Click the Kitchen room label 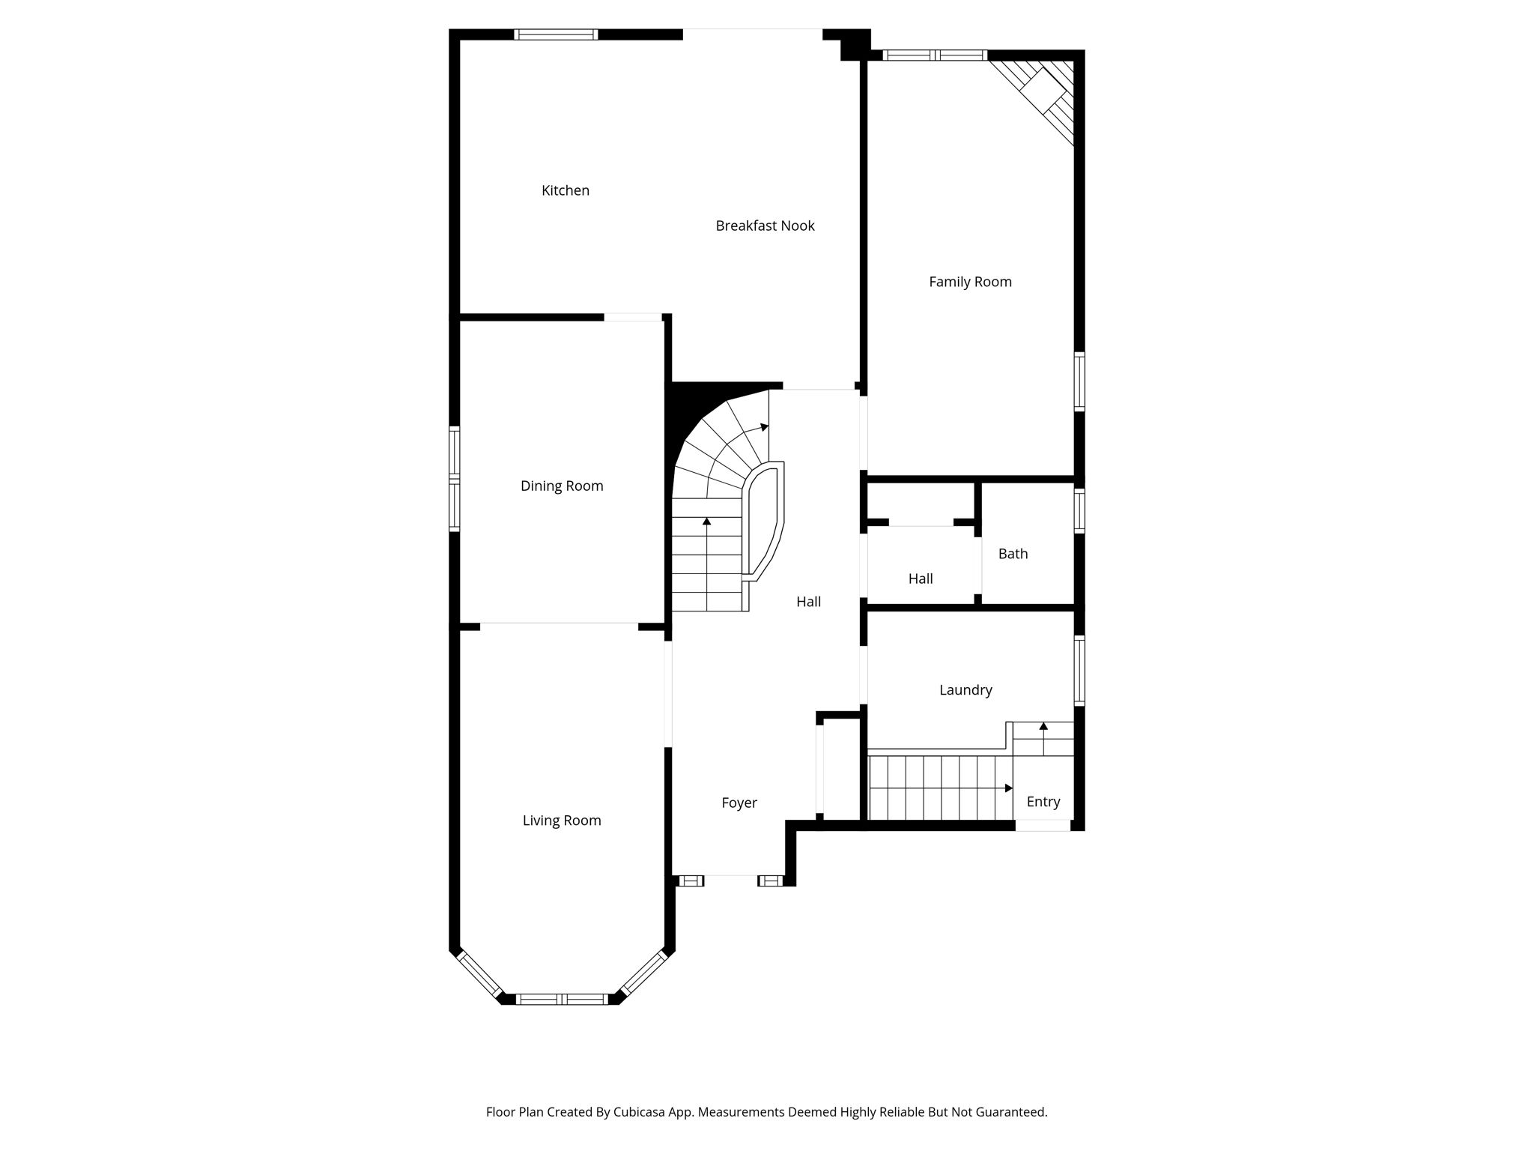click(566, 191)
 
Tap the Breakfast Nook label click(765, 226)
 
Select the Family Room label click(970, 283)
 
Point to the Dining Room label click(562, 486)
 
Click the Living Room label click(562, 821)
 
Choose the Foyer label click(739, 803)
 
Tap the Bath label click(1013, 554)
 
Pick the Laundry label click(965, 690)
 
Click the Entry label click(1043, 802)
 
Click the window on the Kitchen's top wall click(556, 34)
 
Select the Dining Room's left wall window click(454, 479)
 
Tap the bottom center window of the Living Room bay click(562, 999)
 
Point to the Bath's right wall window click(1079, 511)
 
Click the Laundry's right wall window click(1079, 671)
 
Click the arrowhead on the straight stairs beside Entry click(1009, 788)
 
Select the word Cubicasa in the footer click(640, 1112)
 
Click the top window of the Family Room click(935, 55)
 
